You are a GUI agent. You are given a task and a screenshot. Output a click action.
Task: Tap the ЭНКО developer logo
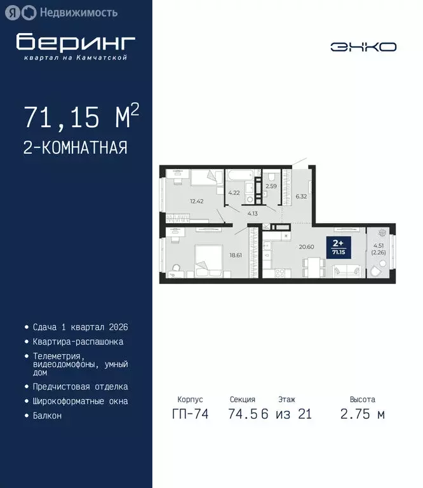coord(363,46)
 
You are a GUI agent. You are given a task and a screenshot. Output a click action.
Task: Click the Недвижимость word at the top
coord(78,12)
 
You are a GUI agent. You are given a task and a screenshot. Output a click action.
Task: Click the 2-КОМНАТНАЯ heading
coord(76,148)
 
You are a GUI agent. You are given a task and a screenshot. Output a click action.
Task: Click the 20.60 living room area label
coord(307,247)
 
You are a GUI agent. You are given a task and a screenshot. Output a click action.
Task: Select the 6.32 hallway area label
coord(300,196)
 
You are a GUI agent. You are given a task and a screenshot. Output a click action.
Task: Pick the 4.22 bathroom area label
coord(233,193)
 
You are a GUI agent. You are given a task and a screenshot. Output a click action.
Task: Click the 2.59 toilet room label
coord(271,186)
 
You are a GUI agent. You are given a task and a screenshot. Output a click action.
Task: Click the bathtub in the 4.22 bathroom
coord(239,174)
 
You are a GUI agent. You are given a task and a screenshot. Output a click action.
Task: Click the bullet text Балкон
coord(47,416)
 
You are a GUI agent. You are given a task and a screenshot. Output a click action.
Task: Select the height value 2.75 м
coord(362,414)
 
